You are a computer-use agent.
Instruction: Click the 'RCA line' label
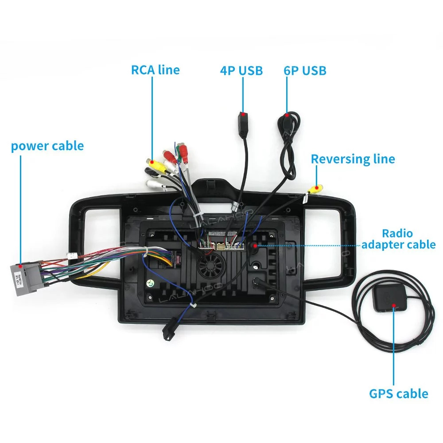click(155, 70)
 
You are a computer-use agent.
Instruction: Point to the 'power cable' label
click(47, 146)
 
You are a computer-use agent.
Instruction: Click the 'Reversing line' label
click(353, 159)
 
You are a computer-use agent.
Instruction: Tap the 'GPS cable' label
click(399, 393)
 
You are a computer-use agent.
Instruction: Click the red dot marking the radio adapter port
click(256, 244)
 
